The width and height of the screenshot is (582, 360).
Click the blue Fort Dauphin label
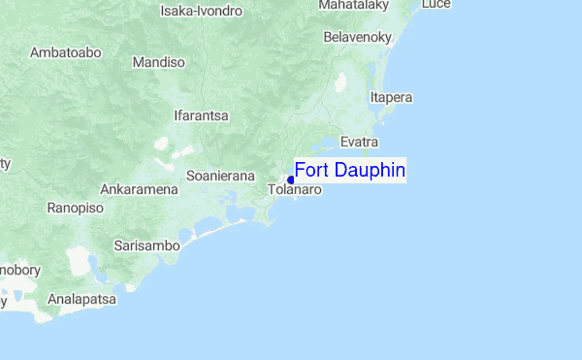pyautogui.click(x=349, y=171)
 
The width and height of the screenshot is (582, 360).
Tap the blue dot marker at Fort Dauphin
pyautogui.click(x=291, y=180)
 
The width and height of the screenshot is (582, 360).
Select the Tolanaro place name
pyautogui.click(x=294, y=190)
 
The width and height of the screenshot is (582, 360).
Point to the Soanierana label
pyautogui.click(x=220, y=176)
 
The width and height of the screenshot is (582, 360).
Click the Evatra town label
pyautogui.click(x=359, y=142)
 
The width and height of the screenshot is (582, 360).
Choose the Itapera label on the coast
pyautogui.click(x=392, y=97)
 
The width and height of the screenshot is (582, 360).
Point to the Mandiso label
pyautogui.click(x=158, y=62)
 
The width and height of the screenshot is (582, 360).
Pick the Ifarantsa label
pyautogui.click(x=201, y=115)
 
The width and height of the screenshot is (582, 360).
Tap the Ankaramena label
pyautogui.click(x=139, y=188)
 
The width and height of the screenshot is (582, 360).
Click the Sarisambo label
pyautogui.click(x=146, y=245)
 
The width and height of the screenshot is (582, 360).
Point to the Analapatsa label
pyautogui.click(x=82, y=300)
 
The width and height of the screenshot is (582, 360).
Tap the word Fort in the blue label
pyautogui.click(x=311, y=171)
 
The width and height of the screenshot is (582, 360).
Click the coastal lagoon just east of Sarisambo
pyautogui.click(x=209, y=230)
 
